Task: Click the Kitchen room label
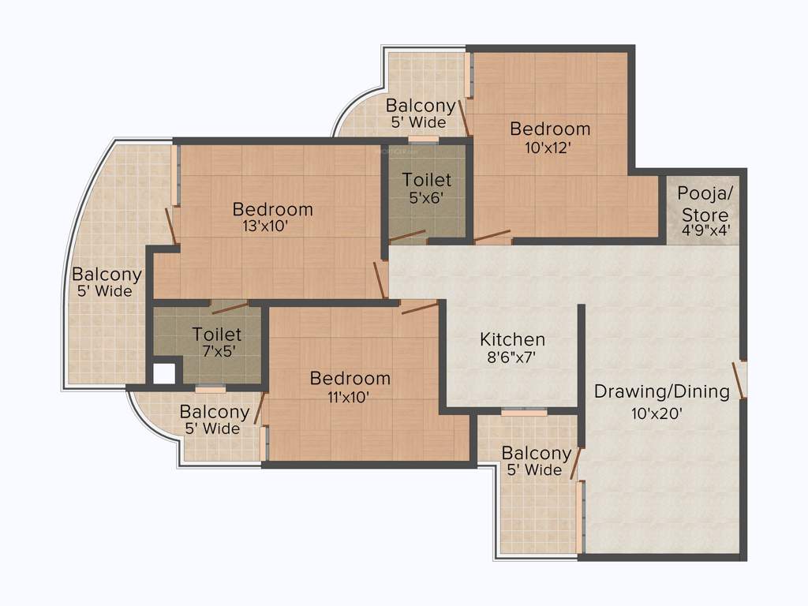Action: (x=513, y=339)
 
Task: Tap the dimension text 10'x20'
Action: (x=656, y=412)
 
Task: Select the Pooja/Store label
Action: (x=705, y=204)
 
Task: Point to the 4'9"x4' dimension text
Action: (x=705, y=232)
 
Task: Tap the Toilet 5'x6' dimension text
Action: (x=427, y=199)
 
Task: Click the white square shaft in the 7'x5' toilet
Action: (x=164, y=372)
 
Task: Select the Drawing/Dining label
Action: (x=662, y=391)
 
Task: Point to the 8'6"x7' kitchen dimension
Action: (x=513, y=357)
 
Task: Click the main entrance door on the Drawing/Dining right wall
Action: (x=740, y=380)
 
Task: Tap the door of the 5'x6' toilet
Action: (x=407, y=235)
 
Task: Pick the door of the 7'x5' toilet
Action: (x=229, y=307)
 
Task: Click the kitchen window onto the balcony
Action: (x=524, y=412)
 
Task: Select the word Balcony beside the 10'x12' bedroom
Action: (x=421, y=106)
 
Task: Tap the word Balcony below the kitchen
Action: (x=537, y=454)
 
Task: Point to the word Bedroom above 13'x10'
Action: (x=272, y=209)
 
